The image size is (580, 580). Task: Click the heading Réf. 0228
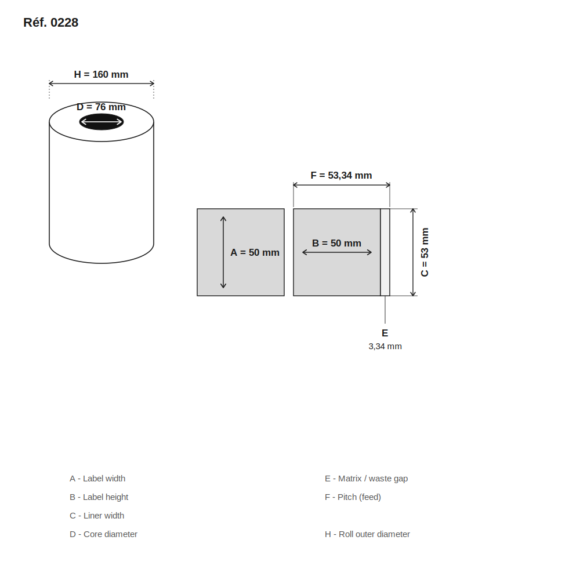50,23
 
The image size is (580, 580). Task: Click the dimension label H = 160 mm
101,74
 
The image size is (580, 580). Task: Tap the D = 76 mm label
101,107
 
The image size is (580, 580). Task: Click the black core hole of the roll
101,122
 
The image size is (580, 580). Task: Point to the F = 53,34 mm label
341,175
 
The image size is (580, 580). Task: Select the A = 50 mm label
255,252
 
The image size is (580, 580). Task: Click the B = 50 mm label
336,243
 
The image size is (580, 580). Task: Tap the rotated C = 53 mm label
425,252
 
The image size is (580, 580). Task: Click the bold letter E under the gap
385,333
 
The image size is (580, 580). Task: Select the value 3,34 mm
385,346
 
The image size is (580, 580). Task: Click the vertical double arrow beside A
223,252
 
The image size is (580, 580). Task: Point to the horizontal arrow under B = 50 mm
337,252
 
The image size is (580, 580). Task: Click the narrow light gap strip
385,252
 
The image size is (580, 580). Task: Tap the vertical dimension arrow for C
413,252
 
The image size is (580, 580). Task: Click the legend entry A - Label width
97,478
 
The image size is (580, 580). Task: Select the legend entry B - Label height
99,497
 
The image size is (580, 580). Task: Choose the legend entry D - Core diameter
103,534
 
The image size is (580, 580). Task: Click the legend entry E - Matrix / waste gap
366,478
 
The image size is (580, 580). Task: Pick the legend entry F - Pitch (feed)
353,497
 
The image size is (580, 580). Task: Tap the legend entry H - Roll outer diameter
367,534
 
